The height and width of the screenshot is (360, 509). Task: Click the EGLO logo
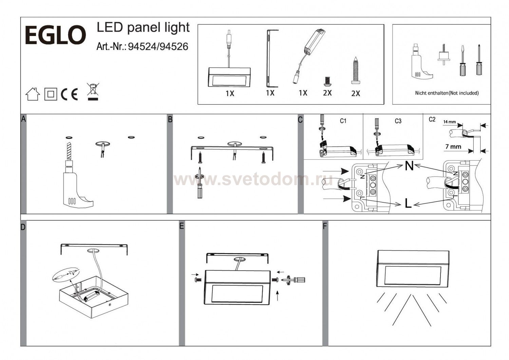55,35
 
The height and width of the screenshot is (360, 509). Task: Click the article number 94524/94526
158,47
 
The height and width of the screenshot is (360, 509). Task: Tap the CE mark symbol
69,94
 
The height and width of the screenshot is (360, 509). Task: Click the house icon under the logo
33,94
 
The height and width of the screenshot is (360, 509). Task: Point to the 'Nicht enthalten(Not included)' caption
447,93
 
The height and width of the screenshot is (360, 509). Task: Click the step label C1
343,121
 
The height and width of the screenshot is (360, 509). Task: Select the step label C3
398,121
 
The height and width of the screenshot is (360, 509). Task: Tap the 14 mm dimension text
450,121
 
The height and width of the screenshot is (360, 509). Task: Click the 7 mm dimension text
453,147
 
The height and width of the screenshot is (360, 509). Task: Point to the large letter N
409,166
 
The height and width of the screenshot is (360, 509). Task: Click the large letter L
408,203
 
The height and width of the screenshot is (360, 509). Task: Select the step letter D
23,227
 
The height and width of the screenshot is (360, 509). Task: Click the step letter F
325,226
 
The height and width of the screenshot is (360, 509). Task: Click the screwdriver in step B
200,183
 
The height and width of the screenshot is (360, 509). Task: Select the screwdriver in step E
296,280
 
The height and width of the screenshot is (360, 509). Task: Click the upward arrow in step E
278,296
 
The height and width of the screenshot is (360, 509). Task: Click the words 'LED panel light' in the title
143,28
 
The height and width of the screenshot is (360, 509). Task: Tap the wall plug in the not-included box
444,55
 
